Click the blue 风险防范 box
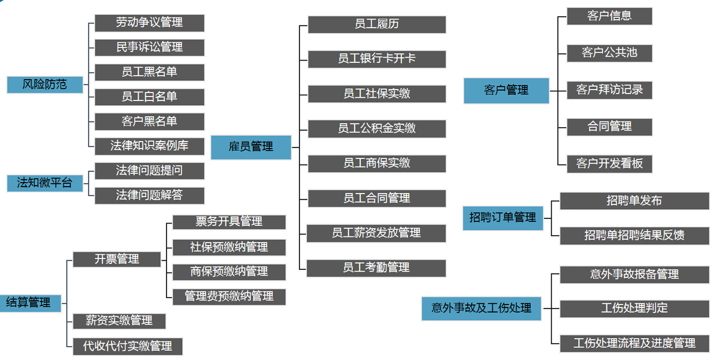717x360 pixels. pos(45,84)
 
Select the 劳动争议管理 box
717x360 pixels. pos(149,23)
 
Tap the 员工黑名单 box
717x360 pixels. pos(149,72)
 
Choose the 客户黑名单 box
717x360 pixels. pos(149,121)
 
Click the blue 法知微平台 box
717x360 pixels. pos(45,183)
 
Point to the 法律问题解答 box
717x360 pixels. pos(149,195)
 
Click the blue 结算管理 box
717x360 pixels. pos(29,302)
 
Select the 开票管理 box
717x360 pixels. pos(117,259)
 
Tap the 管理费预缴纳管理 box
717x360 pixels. pos(229,296)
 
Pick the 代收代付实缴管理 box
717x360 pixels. pos(128,346)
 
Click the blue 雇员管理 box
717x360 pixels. pos(251,147)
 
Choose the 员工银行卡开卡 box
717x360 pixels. pos(376,59)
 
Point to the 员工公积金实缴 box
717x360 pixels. pos(376,128)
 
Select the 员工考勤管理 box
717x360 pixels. pos(376,268)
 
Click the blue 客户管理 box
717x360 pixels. pos(506,91)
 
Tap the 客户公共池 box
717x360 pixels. pos(609,53)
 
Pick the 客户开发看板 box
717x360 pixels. pos(609,164)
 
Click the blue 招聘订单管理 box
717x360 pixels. pos(502,218)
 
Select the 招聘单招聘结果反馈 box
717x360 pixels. pos(634,235)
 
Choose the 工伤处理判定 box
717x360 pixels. pos(634,309)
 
